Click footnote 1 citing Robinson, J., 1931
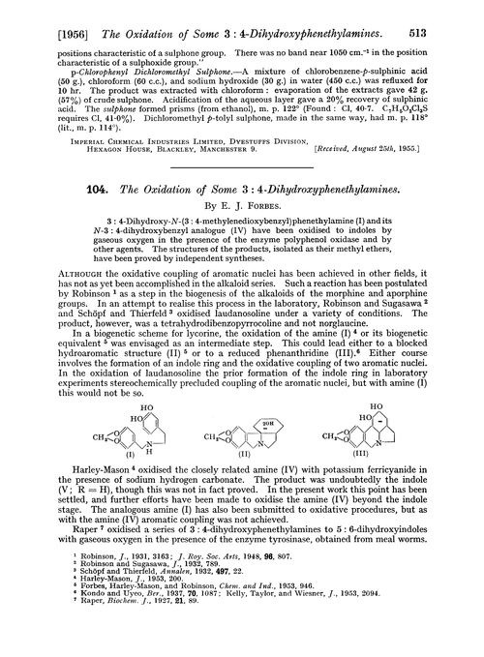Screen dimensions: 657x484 [x=136, y=593]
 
